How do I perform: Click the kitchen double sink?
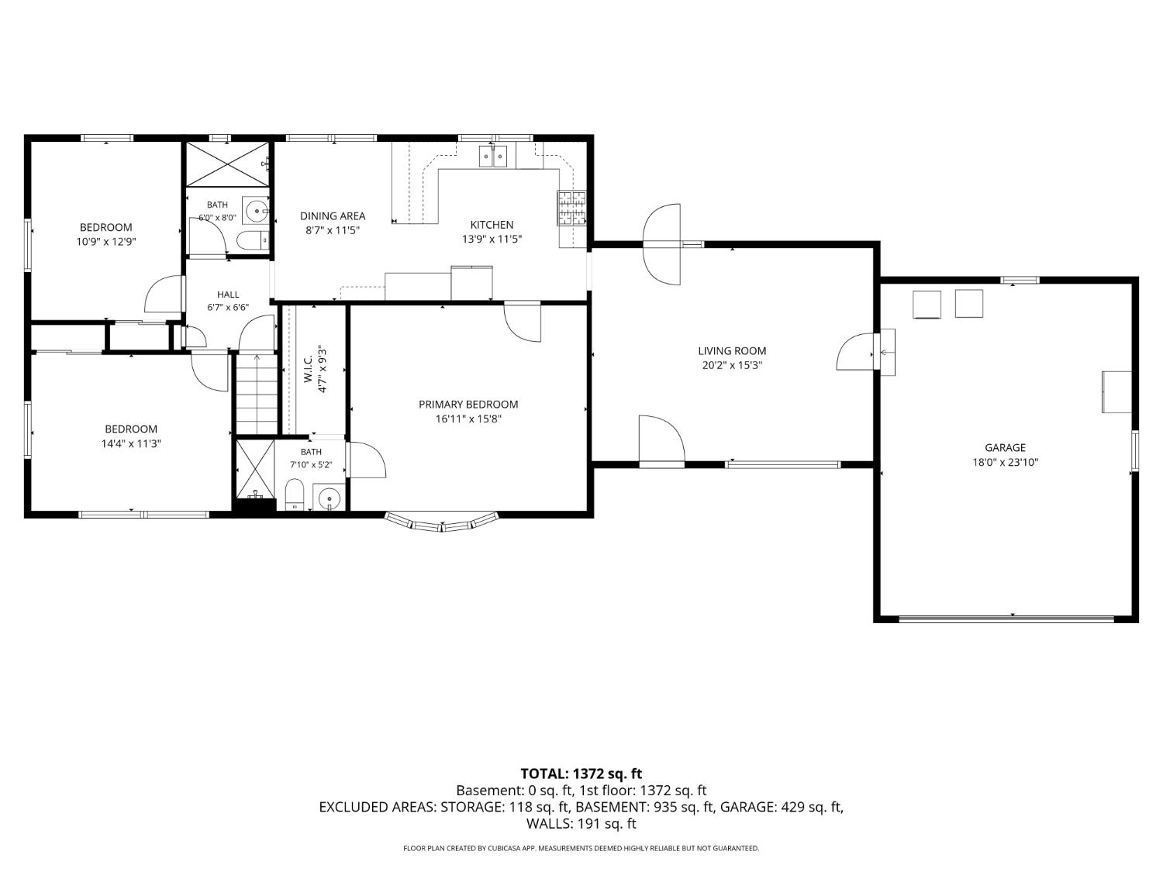click(493, 157)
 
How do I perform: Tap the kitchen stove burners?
click(571, 208)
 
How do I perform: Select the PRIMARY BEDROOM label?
click(468, 405)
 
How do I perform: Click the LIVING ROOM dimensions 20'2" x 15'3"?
click(732, 365)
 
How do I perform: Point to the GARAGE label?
click(1005, 447)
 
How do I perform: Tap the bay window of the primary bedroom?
click(442, 522)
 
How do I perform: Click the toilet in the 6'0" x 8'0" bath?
click(253, 241)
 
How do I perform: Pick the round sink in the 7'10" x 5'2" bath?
click(329, 498)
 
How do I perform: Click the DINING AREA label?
click(333, 216)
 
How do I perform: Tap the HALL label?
click(228, 295)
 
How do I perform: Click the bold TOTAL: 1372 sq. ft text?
click(581, 774)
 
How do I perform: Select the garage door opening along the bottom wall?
click(1006, 619)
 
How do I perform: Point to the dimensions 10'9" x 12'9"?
click(106, 242)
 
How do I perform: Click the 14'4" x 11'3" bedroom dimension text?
click(131, 443)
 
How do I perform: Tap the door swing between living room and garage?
click(854, 352)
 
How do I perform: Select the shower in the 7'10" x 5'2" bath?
click(255, 469)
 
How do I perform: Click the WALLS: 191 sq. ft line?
click(581, 823)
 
